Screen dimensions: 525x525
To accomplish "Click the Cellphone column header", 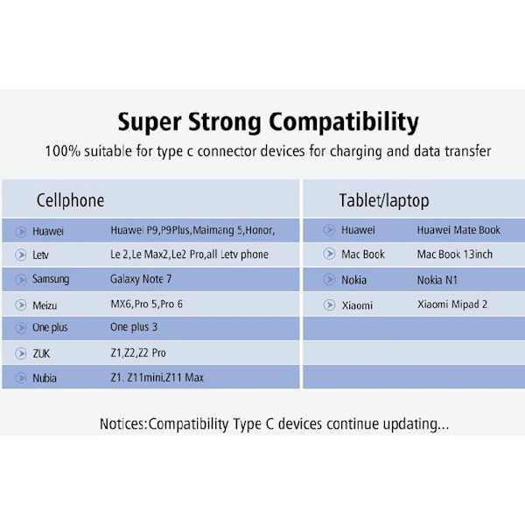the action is pos(70,201).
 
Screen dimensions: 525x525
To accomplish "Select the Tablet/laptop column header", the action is pos(384,201).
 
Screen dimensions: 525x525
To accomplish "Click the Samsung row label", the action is pos(51,279).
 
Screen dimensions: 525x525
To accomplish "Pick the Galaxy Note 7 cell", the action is pos(141,279).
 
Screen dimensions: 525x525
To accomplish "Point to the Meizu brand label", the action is pos(45,305).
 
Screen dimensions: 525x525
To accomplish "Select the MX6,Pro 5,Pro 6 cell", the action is pos(147,304).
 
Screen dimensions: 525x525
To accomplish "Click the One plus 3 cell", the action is pos(134,327).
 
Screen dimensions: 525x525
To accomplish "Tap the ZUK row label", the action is pos(41,353).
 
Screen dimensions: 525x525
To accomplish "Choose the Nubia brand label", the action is pos(45,378).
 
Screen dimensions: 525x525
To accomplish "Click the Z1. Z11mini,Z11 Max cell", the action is pos(157,378).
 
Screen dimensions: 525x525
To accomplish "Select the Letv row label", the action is pos(40,255).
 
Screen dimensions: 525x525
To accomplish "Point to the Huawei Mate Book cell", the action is pos(458,230).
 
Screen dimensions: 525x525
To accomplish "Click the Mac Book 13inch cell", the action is pos(455,255).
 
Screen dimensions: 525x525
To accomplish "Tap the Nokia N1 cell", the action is pos(437,280).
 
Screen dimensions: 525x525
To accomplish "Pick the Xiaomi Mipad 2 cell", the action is pos(452,304).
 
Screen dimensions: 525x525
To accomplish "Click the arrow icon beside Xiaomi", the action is pos(330,304).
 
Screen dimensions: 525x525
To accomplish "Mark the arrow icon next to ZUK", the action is pos(21,353).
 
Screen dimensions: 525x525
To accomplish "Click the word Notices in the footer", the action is pos(122,423).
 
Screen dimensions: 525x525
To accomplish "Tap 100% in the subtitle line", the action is pos(63,151).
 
